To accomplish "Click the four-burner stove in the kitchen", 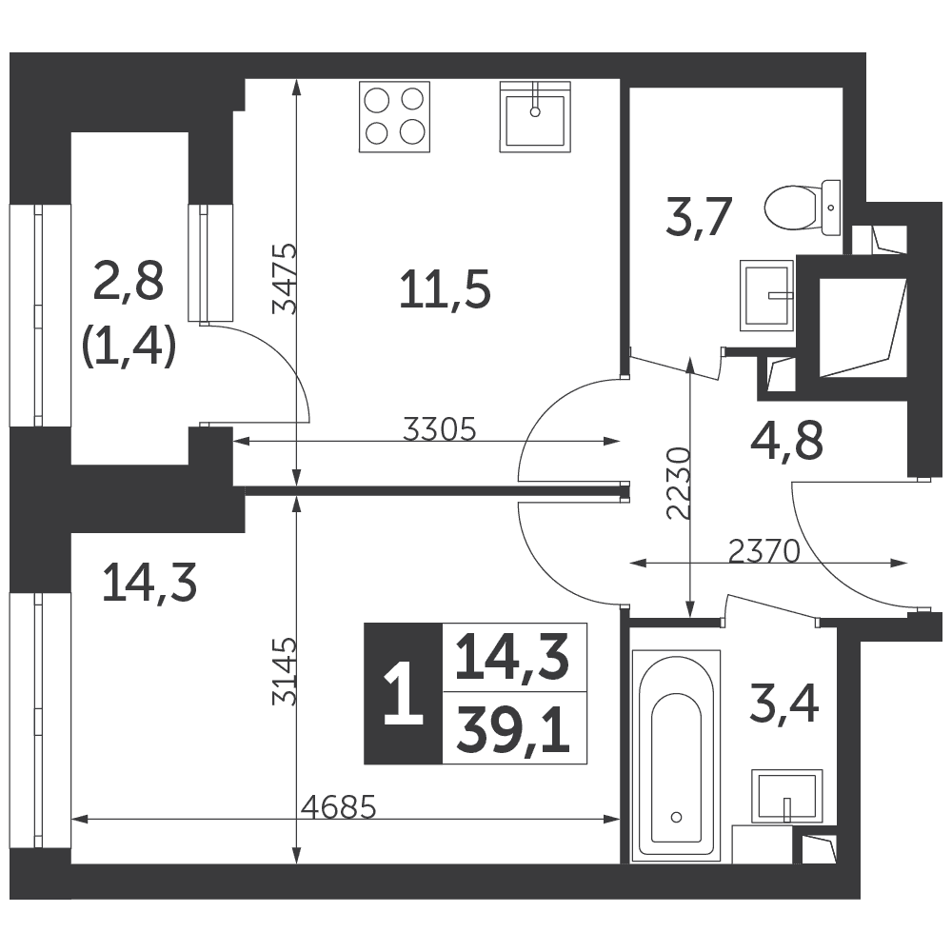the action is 395,116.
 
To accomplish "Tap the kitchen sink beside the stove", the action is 535,116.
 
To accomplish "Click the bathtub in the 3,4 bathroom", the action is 676,756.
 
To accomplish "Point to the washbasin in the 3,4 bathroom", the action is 787,797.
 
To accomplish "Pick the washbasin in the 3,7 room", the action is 766,296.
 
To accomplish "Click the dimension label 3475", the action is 284,279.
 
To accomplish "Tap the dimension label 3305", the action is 440,430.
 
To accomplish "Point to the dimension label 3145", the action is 284,671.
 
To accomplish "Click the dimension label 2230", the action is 679,484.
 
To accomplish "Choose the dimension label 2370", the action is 764,551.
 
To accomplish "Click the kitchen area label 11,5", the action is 445,290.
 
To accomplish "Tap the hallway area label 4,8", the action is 787,441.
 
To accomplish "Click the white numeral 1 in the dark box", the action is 403,693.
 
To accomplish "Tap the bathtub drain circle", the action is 676,817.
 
